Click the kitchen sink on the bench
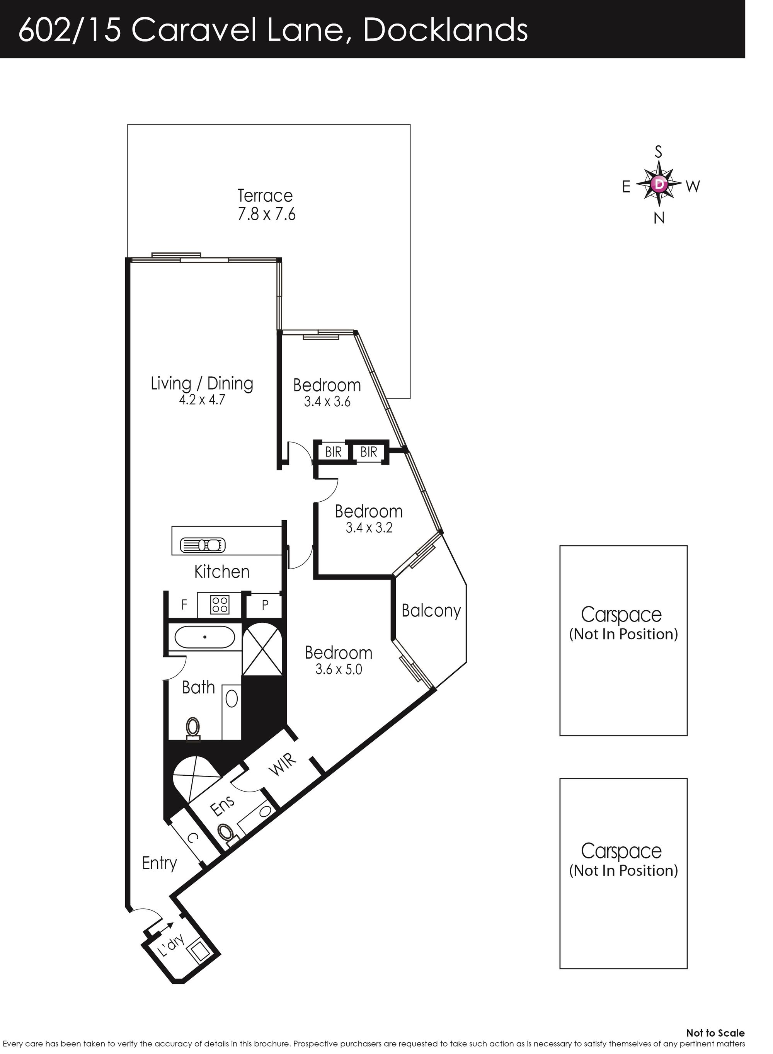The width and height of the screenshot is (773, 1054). point(203,545)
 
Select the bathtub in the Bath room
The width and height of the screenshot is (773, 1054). point(205,637)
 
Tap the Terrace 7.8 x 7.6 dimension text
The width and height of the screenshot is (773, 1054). point(266,214)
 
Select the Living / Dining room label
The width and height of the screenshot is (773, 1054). point(202,384)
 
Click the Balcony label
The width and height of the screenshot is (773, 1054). point(431,611)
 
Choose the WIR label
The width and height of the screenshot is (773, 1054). point(283,765)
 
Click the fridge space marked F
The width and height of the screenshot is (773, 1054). point(184,604)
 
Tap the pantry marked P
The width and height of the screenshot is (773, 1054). point(265,605)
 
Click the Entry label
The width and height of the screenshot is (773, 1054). point(159,863)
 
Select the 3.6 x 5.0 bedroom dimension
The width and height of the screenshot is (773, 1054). point(339,669)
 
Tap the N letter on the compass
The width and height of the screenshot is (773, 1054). point(659,218)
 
